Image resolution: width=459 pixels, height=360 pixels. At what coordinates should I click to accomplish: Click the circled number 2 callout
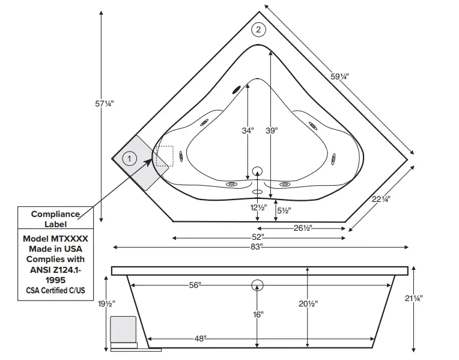tap(258, 29)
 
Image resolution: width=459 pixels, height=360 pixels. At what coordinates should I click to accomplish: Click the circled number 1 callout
tap(129, 159)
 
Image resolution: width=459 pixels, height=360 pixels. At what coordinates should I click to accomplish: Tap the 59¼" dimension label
tap(339, 76)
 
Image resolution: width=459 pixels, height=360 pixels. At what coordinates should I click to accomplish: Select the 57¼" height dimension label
tap(104, 103)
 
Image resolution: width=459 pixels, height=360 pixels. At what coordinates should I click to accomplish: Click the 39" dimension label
tap(272, 130)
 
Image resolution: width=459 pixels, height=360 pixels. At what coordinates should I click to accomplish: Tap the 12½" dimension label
tap(258, 207)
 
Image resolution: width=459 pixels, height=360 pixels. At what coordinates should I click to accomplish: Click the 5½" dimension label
tap(283, 210)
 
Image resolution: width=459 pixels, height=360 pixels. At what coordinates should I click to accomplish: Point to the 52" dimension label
tap(258, 237)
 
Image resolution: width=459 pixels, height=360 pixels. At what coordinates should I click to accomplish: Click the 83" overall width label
tap(258, 247)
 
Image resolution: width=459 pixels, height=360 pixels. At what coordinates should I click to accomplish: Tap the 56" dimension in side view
tap(194, 285)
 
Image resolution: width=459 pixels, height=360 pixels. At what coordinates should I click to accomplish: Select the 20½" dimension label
tap(308, 304)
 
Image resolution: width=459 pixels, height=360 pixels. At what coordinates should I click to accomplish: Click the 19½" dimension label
tap(106, 304)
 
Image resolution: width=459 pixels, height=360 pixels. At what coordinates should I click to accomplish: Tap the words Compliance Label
tap(55, 219)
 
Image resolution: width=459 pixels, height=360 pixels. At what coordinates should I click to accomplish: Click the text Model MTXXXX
tap(55, 238)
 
